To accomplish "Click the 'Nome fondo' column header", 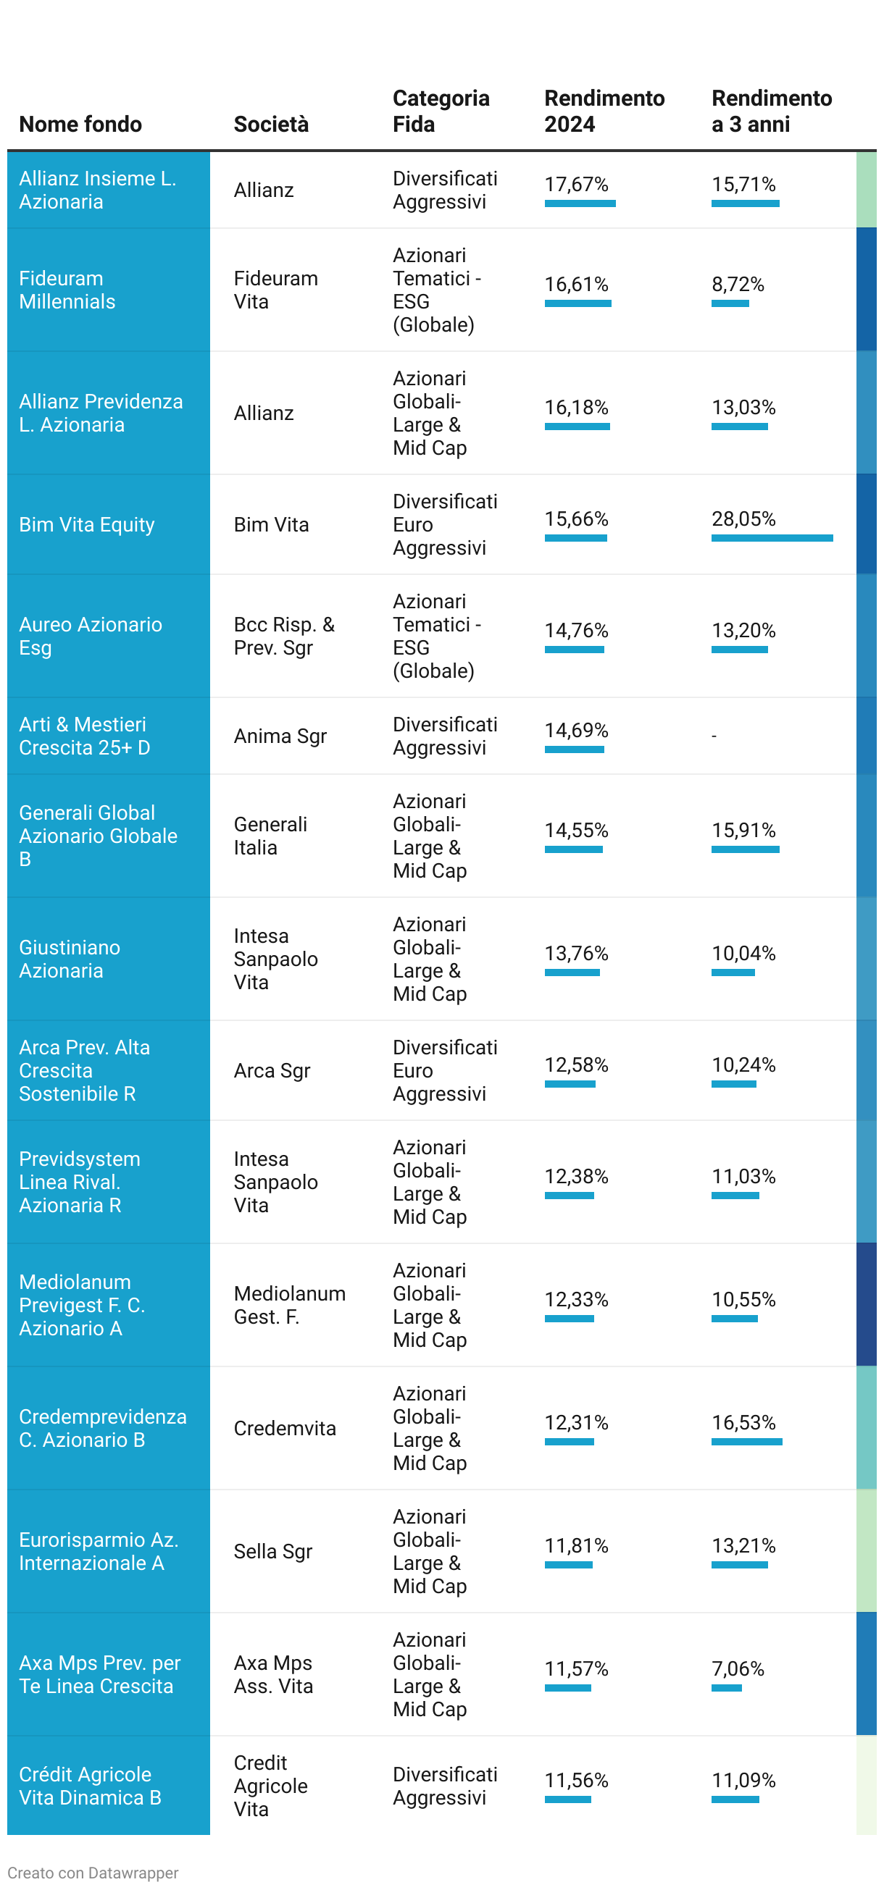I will coord(80,124).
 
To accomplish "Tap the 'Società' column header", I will coord(271,124).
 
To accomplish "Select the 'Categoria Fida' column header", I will coord(441,111).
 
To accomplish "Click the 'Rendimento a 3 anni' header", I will coord(771,111).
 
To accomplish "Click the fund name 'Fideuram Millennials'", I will coord(67,290).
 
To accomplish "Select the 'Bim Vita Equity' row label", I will coord(87,524).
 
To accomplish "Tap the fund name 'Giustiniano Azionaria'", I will coord(70,959).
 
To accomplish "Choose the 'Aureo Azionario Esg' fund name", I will coord(91,636).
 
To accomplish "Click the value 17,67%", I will coord(576,184).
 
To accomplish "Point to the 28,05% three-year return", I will coord(743,518).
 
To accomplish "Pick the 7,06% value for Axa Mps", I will coord(737,1669).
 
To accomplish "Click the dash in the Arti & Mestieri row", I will coord(714,736).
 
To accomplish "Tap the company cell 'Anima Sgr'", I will coord(280,736).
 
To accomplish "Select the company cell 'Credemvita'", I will coord(285,1429).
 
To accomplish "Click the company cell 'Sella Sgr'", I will coord(273,1552).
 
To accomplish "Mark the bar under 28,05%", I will coord(772,539).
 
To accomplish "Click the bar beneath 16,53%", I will coord(746,1442).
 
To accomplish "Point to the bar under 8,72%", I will coord(730,303).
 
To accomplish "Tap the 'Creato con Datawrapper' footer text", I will coord(93,1873).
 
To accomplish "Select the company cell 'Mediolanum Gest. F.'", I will coord(289,1305).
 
